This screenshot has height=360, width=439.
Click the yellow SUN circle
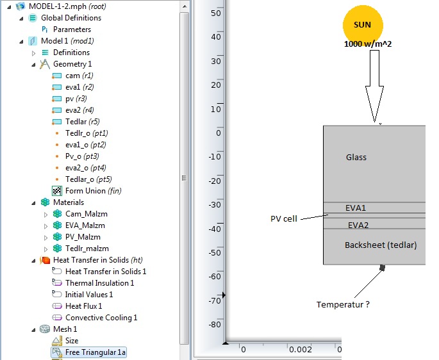pyautogui.click(x=363, y=25)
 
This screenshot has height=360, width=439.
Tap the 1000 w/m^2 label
pyautogui.click(x=368, y=44)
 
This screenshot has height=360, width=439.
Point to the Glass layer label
pyautogui.click(x=356, y=158)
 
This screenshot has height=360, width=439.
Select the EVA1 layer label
pyautogui.click(x=356, y=208)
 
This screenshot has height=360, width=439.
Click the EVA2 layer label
pyautogui.click(x=358, y=225)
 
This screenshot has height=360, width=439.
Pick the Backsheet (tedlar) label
pyautogui.click(x=381, y=245)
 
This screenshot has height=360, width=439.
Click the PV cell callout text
pyautogui.click(x=284, y=219)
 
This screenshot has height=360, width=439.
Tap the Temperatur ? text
pyautogui.click(x=343, y=304)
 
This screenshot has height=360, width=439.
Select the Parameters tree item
pyautogui.click(x=72, y=29)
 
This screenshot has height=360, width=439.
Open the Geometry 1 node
pyautogui.click(x=72, y=64)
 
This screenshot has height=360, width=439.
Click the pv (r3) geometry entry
pyautogui.click(x=76, y=99)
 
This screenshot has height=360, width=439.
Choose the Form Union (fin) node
pyautogui.click(x=93, y=191)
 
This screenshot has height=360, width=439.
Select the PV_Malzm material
pyautogui.click(x=83, y=237)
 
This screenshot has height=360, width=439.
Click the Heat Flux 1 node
pyautogui.click(x=84, y=306)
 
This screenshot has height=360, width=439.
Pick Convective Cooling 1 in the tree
pyautogui.click(x=101, y=318)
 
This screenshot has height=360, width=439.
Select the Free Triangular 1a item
pyautogui.click(x=95, y=352)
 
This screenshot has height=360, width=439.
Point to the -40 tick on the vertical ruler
pyautogui.click(x=215, y=229)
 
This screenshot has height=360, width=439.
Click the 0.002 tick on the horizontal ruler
pyautogui.click(x=300, y=350)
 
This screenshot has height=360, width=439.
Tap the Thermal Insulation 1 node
pyautogui.click(x=100, y=283)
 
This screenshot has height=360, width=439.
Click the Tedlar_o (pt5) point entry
pyautogui.click(x=88, y=179)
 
